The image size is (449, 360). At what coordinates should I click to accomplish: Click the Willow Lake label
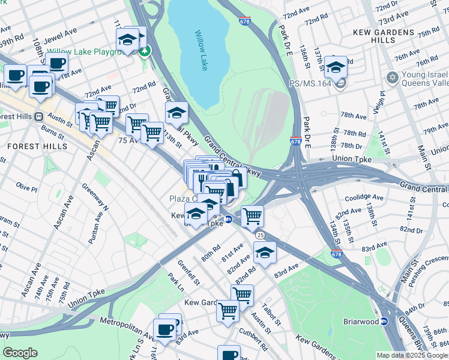(x=202, y=52)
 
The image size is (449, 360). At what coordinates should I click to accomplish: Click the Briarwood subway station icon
(x=385, y=321)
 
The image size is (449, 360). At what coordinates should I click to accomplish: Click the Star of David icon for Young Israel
(x=393, y=78)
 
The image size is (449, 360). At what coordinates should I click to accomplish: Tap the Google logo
(x=20, y=353)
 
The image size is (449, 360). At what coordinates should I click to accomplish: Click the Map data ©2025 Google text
(x=412, y=355)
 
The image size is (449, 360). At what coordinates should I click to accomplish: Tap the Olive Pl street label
(x=26, y=187)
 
